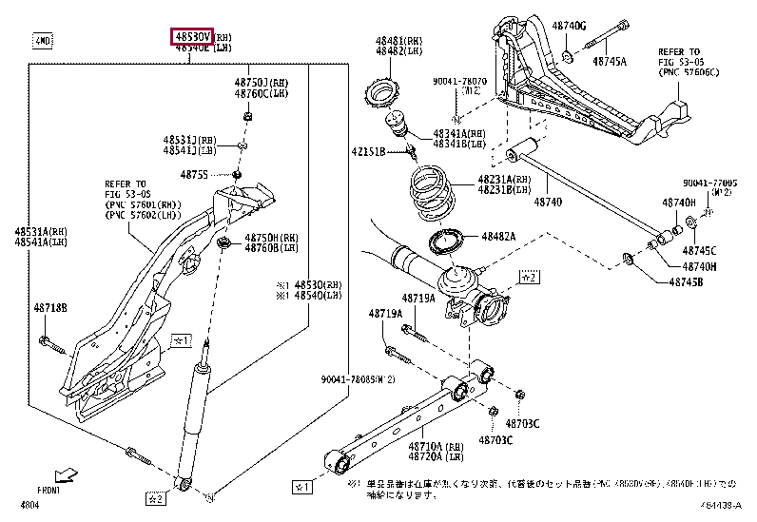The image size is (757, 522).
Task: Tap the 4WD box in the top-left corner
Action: tap(43, 41)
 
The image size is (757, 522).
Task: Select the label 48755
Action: tap(196, 174)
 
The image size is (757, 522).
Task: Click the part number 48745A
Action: tap(609, 60)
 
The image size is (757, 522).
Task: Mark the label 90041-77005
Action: tap(708, 183)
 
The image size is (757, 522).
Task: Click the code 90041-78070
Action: tap(460, 83)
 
